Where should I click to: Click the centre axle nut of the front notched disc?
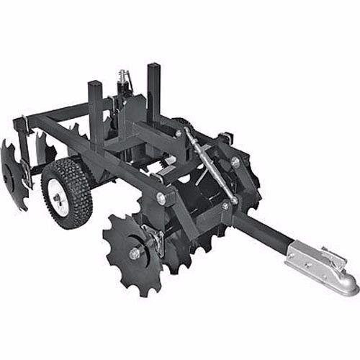coord(134,253)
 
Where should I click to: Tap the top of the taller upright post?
coord(153,67)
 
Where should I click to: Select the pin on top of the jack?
coord(123,73)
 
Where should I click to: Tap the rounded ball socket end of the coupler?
coord(346,284)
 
